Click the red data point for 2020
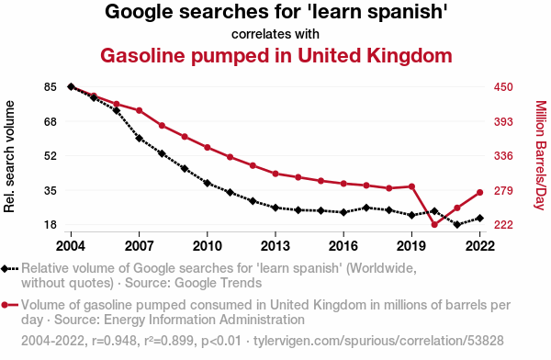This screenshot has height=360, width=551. pyautogui.click(x=434, y=225)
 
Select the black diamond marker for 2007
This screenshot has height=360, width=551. pyautogui.click(x=140, y=138)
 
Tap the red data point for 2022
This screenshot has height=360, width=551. pyautogui.click(x=479, y=192)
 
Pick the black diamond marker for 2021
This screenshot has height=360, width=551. pyautogui.click(x=457, y=224)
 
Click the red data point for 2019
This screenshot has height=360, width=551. pyautogui.click(x=411, y=186)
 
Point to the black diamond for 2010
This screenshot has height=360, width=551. pyautogui.click(x=208, y=183)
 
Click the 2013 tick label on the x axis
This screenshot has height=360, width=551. pyautogui.click(x=275, y=246)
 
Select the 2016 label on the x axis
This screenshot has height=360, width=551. pyautogui.click(x=343, y=246)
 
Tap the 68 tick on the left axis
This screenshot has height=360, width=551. pyautogui.click(x=51, y=121)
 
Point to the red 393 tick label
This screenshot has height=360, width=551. pyautogui.click(x=503, y=121)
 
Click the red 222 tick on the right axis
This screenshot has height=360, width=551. pyautogui.click(x=503, y=225)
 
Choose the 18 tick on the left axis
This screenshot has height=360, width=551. pyautogui.click(x=51, y=225)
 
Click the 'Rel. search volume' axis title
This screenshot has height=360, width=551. pyautogui.click(x=9, y=156)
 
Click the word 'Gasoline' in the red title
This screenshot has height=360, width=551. pyautogui.click(x=142, y=55)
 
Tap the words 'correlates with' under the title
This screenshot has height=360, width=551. pyautogui.click(x=275, y=34)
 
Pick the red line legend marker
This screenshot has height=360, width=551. pyautogui.click(x=9, y=305)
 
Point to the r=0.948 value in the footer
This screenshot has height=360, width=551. pyautogui.click(x=114, y=341)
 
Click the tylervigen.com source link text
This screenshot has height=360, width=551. pyautogui.click(x=378, y=341)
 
